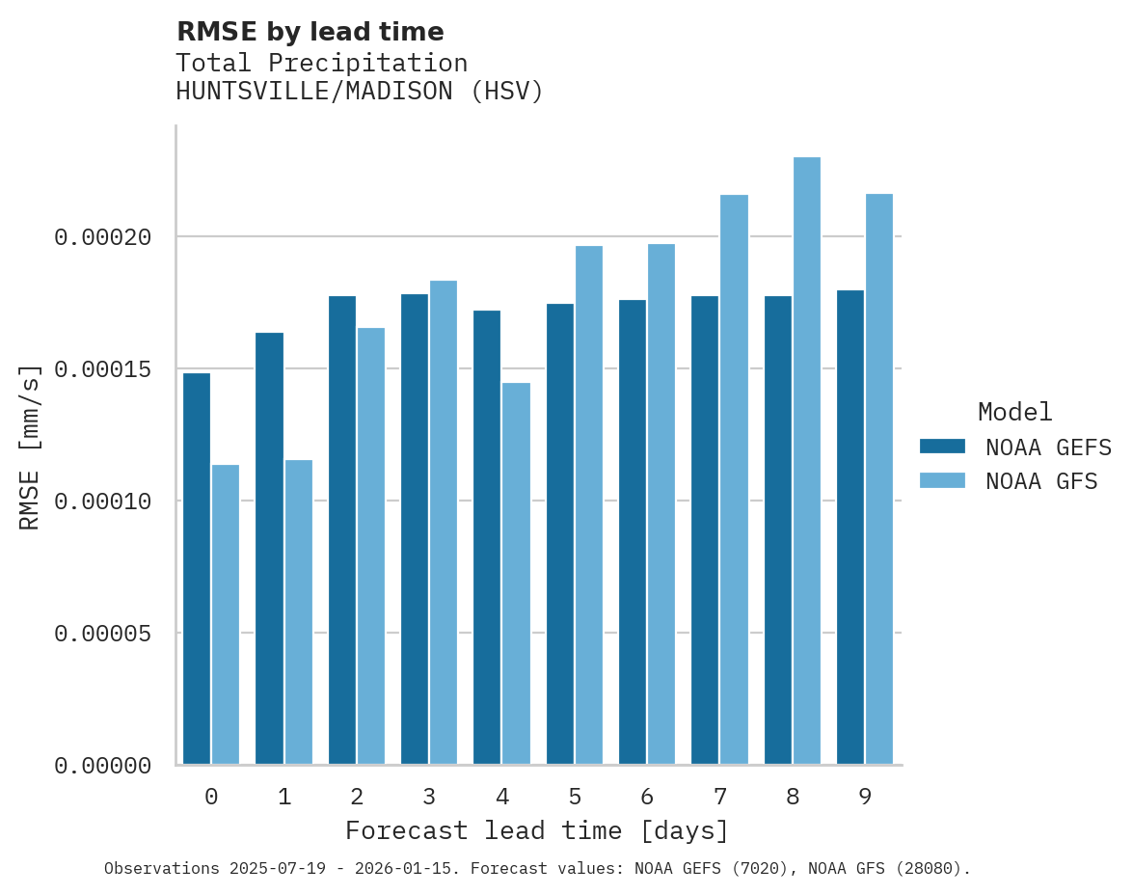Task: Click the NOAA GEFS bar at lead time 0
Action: click(x=197, y=569)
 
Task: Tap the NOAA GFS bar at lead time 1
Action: click(x=298, y=612)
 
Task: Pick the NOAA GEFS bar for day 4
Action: click(x=487, y=537)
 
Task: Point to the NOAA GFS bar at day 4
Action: click(x=516, y=574)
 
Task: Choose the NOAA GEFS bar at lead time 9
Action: click(x=850, y=528)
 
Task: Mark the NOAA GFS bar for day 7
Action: click(x=734, y=479)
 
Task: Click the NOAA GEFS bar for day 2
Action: click(x=342, y=530)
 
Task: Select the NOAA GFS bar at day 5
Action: click(x=589, y=505)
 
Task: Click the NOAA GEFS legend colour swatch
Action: click(x=943, y=446)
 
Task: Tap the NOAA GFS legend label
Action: click(x=1041, y=480)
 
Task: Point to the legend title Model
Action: click(x=1014, y=412)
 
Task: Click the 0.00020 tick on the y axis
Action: click(x=103, y=237)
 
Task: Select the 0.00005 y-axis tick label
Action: click(x=103, y=634)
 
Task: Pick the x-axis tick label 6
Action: click(x=647, y=798)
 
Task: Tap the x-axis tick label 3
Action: click(x=429, y=798)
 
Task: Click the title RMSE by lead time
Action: click(x=310, y=32)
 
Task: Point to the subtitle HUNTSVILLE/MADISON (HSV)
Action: click(x=360, y=92)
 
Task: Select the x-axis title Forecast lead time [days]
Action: click(x=537, y=830)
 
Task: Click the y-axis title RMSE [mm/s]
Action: click(x=31, y=447)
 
